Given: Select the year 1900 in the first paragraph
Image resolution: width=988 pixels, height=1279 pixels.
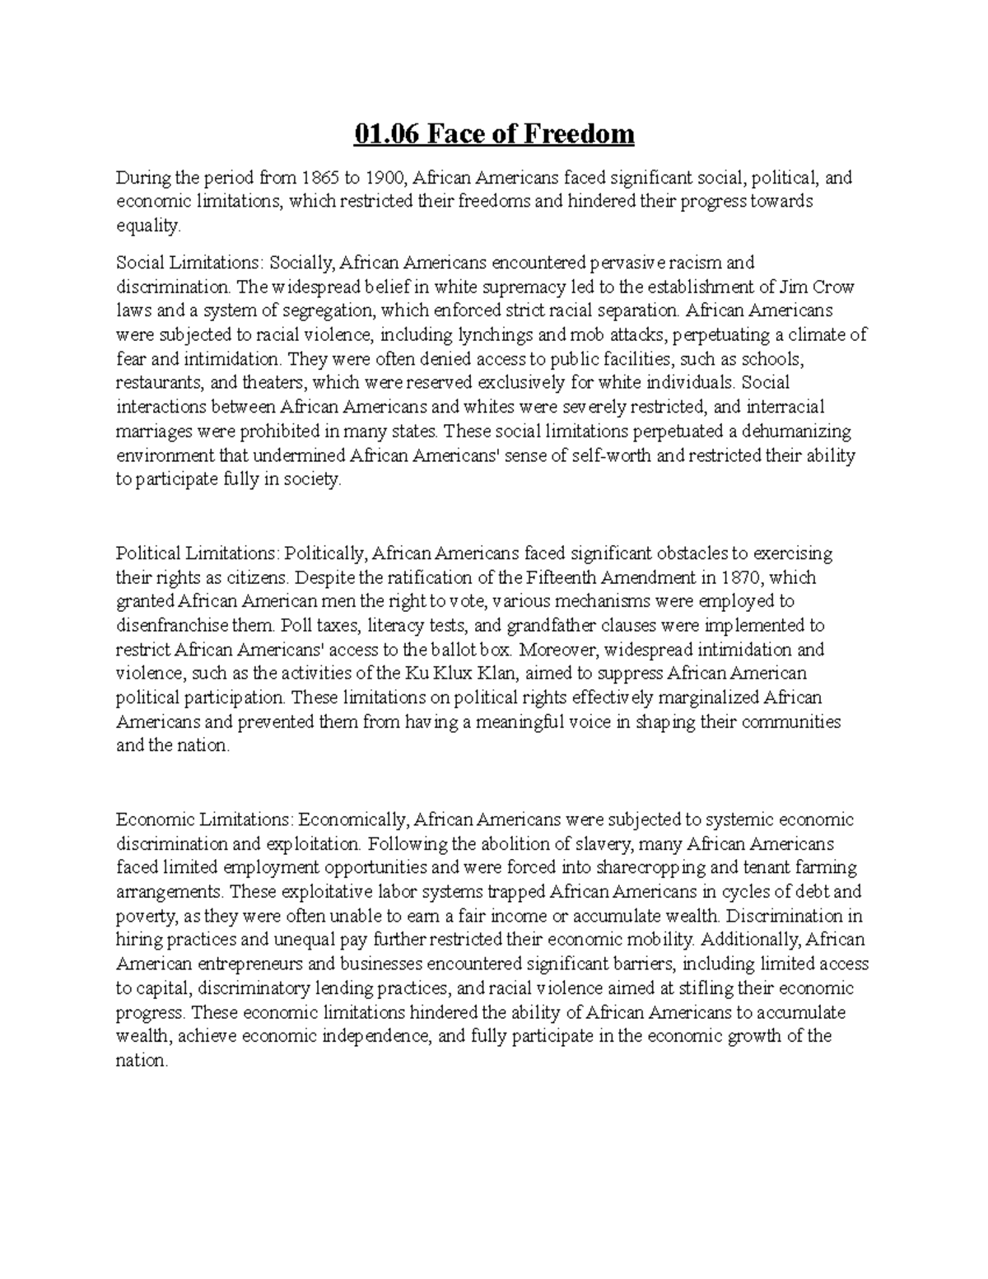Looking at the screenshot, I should [386, 178].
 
